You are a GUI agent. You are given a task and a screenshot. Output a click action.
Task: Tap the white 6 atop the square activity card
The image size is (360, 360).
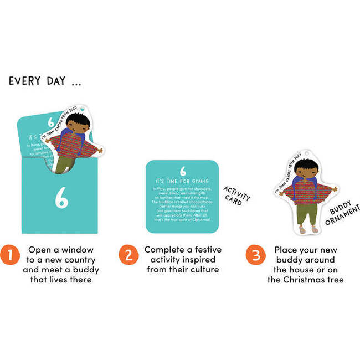[183, 172]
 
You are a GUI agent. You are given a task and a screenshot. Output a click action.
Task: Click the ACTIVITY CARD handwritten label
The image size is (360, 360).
[237, 197]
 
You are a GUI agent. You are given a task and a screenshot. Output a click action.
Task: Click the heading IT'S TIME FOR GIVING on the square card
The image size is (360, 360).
[183, 181]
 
